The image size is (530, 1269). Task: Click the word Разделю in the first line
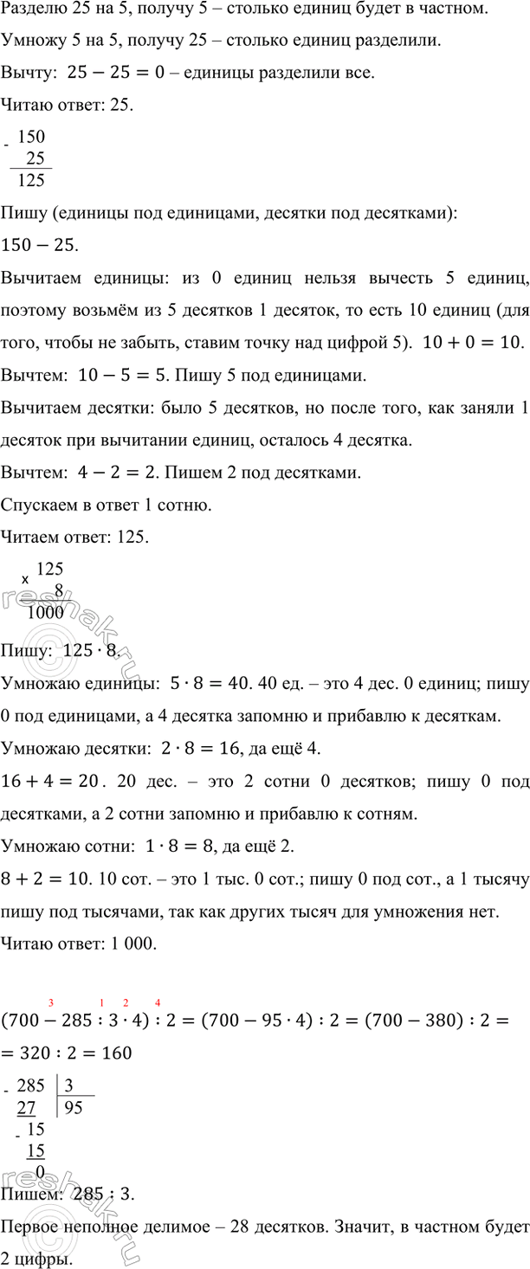(30, 10)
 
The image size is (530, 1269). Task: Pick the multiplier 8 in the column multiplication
(59, 590)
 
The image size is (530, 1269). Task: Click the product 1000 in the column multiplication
(45, 612)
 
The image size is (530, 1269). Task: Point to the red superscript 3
(53, 979)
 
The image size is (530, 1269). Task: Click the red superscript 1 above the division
(103, 979)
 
